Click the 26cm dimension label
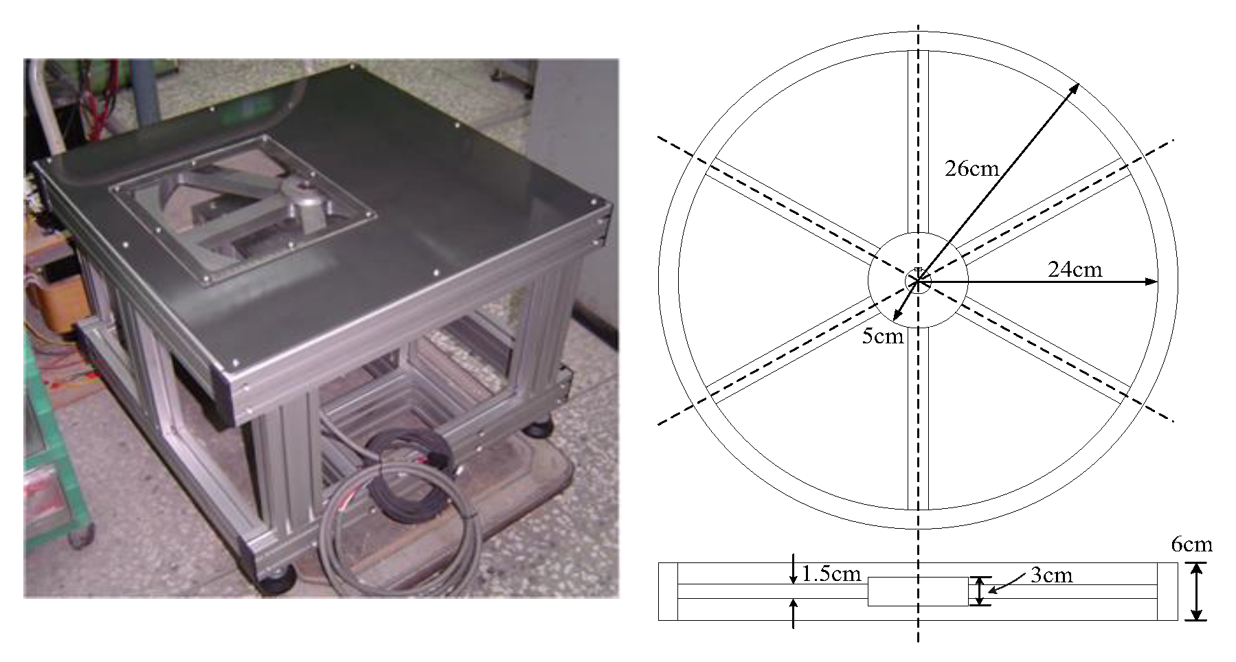[x=971, y=168]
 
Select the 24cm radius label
[x=1075, y=269]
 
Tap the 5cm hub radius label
[x=883, y=336]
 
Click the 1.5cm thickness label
[x=831, y=574]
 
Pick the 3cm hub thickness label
[x=1051, y=575]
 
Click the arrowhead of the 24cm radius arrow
[x=1151, y=282]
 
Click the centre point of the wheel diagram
[x=918, y=280]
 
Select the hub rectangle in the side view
[x=918, y=591]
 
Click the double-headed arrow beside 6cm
[x=1197, y=591]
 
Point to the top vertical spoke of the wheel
[x=918, y=142]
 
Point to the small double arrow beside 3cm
[x=980, y=591]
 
